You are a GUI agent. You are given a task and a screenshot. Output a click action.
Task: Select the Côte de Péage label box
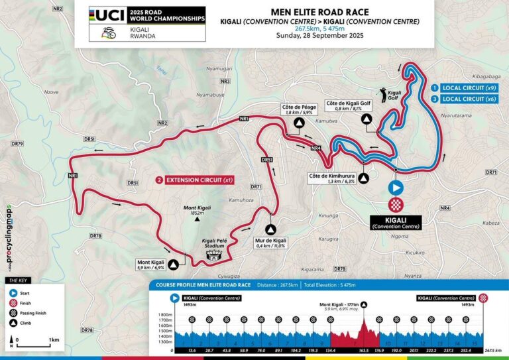click(298, 109)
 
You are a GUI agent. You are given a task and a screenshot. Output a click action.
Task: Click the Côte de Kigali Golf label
click(349, 107)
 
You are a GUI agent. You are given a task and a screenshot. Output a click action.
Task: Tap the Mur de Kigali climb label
click(270, 243)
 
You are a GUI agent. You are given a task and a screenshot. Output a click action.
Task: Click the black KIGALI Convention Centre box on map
click(396, 221)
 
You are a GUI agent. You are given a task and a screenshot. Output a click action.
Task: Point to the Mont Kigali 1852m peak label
click(197, 210)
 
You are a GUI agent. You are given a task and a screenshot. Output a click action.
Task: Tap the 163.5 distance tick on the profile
click(363, 350)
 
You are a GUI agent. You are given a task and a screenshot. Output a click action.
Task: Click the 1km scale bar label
click(45, 341)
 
